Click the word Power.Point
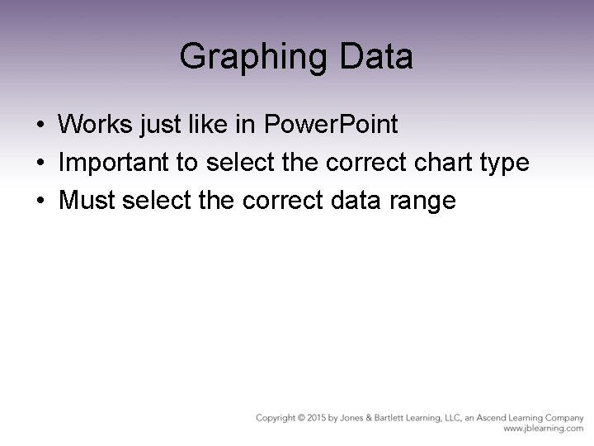(x=331, y=125)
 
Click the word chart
(x=438, y=163)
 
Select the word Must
(x=84, y=200)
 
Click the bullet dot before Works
(x=40, y=126)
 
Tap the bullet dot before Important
(x=40, y=164)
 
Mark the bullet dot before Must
(x=40, y=201)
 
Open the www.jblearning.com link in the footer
(x=544, y=429)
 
